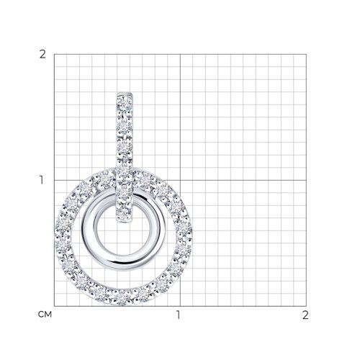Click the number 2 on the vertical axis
tap(42, 55)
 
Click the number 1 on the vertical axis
tap(42, 180)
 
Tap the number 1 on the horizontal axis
tap(178, 315)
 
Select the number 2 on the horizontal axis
tap(305, 315)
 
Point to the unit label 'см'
tap(45, 314)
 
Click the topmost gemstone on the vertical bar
tap(125, 103)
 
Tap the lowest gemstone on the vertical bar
tap(124, 213)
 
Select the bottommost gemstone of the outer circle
tap(122, 297)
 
